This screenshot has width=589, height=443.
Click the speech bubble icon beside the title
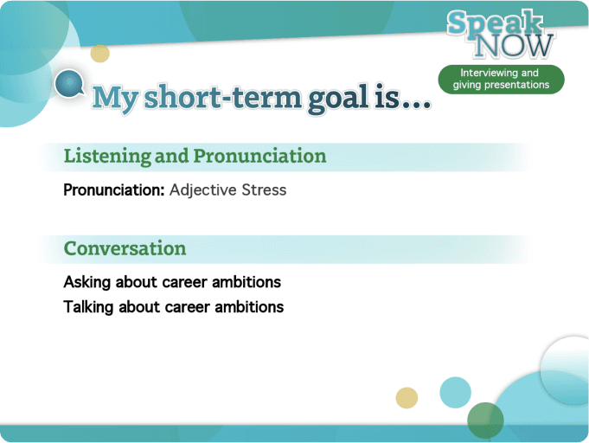pyautogui.click(x=68, y=85)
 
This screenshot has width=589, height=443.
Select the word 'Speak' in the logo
pyautogui.click(x=496, y=24)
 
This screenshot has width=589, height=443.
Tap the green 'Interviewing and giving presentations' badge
pyautogui.click(x=501, y=79)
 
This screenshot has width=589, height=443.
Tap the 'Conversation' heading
pyautogui.click(x=125, y=248)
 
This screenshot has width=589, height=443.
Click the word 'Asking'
pyautogui.click(x=87, y=282)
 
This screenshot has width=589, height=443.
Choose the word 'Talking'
pyautogui.click(x=89, y=306)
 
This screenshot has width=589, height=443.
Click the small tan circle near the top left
pyautogui.click(x=100, y=53)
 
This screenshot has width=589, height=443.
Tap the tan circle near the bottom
pyautogui.click(x=407, y=397)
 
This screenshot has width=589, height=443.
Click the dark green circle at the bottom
pyautogui.click(x=485, y=421)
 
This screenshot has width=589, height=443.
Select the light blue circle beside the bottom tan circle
pyautogui.click(x=455, y=392)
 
